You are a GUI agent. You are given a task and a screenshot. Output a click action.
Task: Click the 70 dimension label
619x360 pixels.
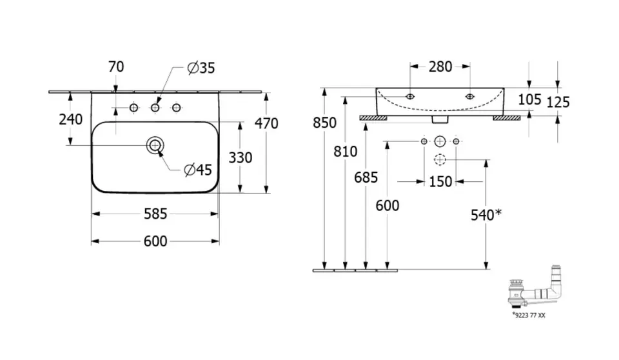[117, 67]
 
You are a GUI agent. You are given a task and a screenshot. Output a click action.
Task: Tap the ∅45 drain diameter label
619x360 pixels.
[197, 170]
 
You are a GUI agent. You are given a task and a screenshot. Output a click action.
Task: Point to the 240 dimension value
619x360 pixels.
[70, 119]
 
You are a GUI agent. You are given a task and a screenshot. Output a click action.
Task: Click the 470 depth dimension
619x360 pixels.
[266, 123]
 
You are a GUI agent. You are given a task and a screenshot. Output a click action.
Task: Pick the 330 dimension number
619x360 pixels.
[240, 157]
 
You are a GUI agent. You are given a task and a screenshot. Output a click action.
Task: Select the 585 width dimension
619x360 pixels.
[155, 213]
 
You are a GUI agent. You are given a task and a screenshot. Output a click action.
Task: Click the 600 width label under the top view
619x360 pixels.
[155, 241]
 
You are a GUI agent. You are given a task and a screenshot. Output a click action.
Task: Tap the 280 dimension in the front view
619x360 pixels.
[440, 66]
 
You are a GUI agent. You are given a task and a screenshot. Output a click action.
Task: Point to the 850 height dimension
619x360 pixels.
[325, 123]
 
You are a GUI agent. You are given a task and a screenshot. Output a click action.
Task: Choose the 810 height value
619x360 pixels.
[346, 152]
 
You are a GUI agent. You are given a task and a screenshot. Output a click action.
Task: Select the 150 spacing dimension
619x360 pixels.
[440, 182]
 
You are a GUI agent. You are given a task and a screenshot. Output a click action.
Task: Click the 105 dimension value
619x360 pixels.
[529, 99]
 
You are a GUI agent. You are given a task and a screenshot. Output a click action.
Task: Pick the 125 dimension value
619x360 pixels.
[558, 102]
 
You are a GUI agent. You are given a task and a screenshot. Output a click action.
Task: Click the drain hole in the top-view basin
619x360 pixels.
[155, 146]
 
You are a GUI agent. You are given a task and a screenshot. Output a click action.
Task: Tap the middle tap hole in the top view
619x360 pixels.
[155, 108]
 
